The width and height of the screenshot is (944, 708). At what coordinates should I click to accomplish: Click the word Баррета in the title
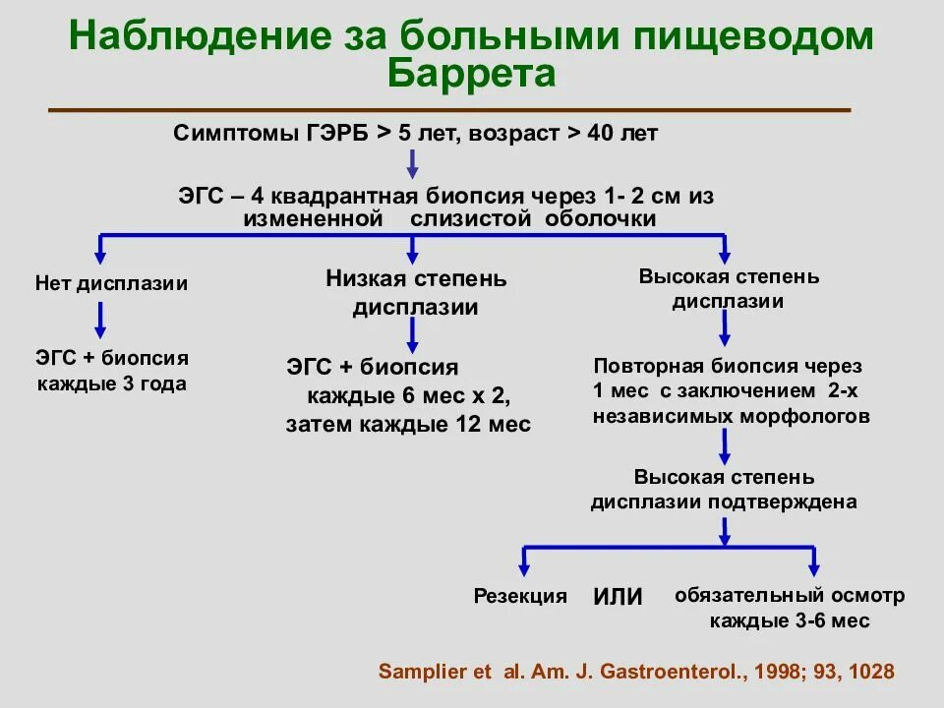(x=472, y=74)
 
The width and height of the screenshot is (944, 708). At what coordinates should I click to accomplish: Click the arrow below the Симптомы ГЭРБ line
(x=412, y=164)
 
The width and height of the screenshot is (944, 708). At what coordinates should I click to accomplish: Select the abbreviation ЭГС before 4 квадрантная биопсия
(x=200, y=197)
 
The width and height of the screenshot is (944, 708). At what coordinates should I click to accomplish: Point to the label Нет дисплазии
(x=111, y=284)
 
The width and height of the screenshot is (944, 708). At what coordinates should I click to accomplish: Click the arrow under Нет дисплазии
(x=99, y=320)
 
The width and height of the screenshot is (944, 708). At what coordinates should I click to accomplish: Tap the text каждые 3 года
(x=111, y=384)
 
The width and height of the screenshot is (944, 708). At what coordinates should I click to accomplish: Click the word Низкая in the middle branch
(x=365, y=279)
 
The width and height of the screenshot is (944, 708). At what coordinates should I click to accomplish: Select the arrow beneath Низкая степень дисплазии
(x=413, y=334)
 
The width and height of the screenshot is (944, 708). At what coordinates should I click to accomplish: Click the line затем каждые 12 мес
(x=408, y=425)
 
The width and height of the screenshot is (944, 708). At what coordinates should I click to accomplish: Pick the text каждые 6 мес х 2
(x=409, y=396)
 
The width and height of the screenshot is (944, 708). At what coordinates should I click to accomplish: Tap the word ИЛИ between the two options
(x=618, y=597)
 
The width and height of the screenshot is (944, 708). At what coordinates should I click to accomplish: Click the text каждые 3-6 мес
(x=790, y=622)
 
